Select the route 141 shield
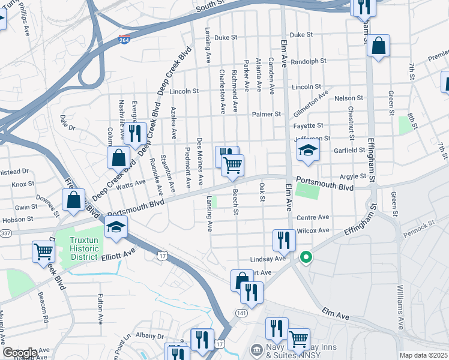(241, 313)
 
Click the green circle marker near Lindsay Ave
(306, 258)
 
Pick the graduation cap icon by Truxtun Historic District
(116, 227)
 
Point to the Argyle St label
(353, 176)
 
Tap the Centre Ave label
(313, 217)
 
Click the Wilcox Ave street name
(313, 230)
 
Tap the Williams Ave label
(400, 306)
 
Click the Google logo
(19, 353)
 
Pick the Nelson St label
(349, 98)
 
